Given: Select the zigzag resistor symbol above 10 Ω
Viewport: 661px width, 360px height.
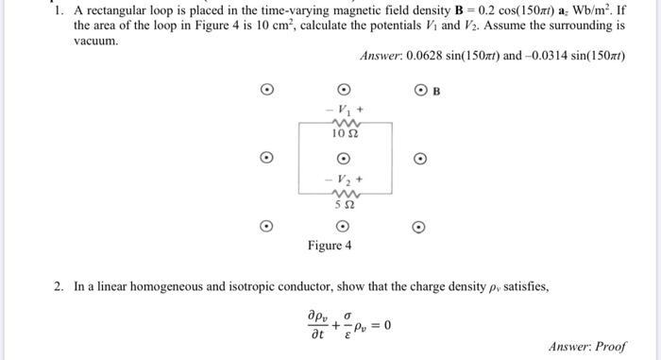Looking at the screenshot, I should pos(343,122).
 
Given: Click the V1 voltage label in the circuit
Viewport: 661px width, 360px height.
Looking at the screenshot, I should pos(343,109).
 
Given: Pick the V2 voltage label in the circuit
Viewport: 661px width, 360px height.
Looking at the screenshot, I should pos(343,177).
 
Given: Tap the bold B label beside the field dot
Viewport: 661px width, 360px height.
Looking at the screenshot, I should pos(436,92).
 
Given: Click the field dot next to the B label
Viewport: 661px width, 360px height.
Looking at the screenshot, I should pos(420,91).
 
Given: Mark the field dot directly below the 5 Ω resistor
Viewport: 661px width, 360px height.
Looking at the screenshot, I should pos(344,226).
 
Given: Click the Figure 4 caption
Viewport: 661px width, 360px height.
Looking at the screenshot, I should pos(330,246).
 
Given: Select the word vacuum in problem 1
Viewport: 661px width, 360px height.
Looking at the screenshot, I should pos(93,43).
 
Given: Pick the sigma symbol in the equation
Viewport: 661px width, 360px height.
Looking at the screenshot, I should pos(347,317).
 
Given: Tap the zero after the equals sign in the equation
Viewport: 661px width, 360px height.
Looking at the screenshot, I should pos(387,326).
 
